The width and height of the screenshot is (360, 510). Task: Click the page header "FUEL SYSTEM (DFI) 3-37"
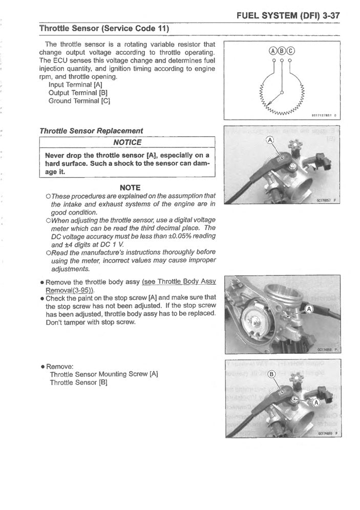coord(289,15)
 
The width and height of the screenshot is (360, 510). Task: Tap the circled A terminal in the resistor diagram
coord(273,50)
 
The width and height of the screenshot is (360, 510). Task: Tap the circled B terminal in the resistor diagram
coord(282,50)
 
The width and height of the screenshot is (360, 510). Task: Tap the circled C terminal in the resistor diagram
coord(290,50)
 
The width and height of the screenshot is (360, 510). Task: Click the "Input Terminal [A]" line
coord(76,84)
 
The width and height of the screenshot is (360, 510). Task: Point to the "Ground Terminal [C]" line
coord(79,101)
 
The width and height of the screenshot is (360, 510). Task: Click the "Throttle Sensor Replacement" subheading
coord(91,131)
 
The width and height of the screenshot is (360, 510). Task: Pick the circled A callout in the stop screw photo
coord(308,309)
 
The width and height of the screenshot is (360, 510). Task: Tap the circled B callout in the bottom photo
coord(271,374)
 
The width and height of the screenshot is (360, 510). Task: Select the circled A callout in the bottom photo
coord(315,402)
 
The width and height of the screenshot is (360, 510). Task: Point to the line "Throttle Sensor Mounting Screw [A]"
coord(103,374)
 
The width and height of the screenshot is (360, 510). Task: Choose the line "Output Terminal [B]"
coord(78,93)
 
